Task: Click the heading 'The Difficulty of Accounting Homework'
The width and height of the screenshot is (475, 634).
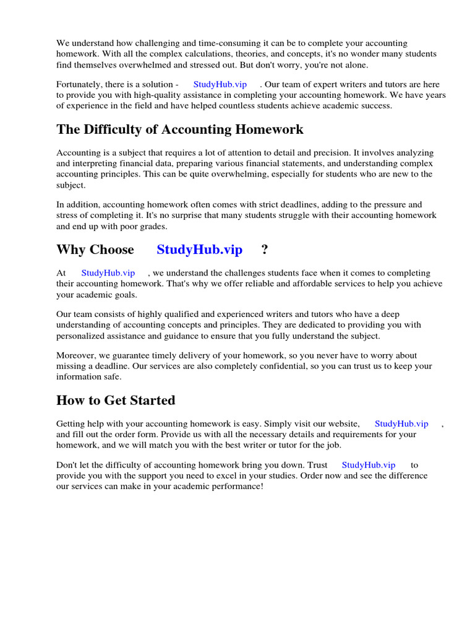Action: pos(180,129)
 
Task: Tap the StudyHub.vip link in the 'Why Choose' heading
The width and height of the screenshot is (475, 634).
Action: pos(199,250)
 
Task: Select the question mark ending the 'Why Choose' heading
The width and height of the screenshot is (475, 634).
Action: pos(265,250)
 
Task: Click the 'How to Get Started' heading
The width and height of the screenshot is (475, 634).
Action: pos(116,401)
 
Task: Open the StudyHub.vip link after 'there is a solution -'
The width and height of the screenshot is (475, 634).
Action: pos(220,84)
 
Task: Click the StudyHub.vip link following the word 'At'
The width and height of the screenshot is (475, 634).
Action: pos(108,273)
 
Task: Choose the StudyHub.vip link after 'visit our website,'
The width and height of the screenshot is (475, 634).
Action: pos(401,424)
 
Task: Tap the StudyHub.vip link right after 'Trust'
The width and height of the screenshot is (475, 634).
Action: pos(368,465)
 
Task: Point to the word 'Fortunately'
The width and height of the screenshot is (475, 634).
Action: pos(80,84)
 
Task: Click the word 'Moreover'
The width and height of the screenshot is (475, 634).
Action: pos(77,356)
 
